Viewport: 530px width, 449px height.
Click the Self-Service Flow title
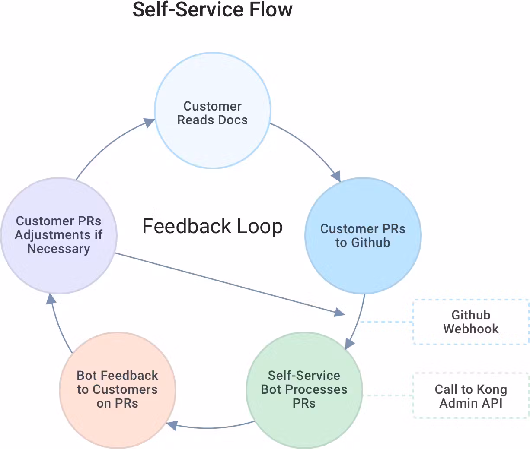tap(212, 9)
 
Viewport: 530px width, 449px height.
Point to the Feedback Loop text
tap(212, 226)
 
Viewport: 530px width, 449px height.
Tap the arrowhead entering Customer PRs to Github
tap(336, 176)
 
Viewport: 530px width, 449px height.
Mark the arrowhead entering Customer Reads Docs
tap(149, 123)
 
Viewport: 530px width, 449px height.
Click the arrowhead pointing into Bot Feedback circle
tap(172, 425)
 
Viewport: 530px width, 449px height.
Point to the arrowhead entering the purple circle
tap(51, 298)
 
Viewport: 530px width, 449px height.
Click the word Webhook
tap(471, 329)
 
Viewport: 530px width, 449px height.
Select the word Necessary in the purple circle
tap(59, 249)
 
